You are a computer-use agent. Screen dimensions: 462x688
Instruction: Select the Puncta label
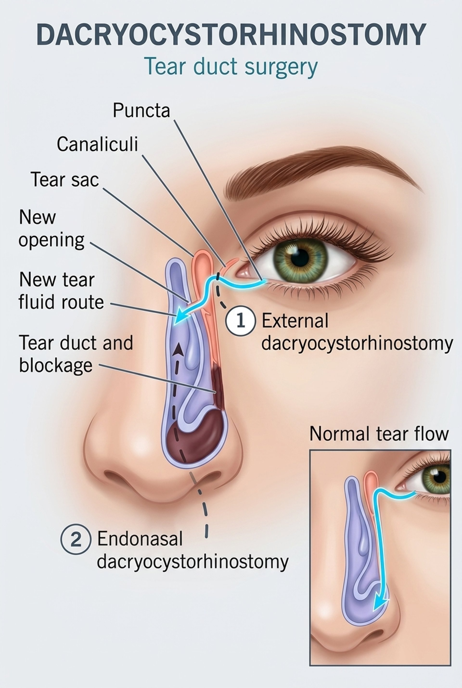tap(141, 110)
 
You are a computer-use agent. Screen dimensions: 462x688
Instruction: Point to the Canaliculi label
tap(97, 144)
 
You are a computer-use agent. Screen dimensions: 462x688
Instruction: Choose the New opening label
tap(51, 228)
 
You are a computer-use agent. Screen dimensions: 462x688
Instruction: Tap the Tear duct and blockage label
tap(76, 354)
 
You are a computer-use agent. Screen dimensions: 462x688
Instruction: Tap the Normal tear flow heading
tap(379, 434)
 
